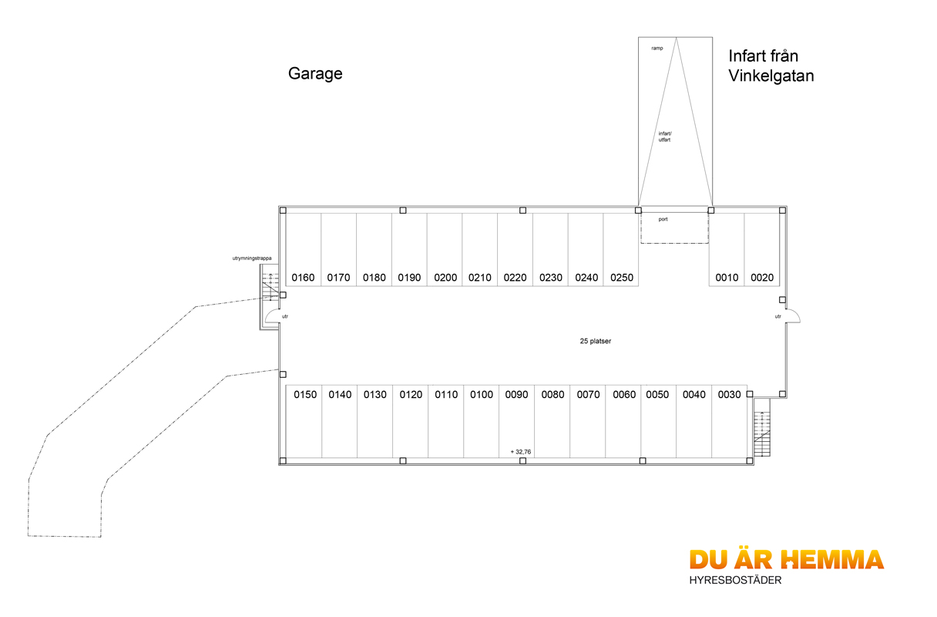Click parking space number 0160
303,278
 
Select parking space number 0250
621,278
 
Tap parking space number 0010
727,278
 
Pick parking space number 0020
761,278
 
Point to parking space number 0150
305,395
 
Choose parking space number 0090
516,395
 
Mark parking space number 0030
729,395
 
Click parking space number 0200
445,278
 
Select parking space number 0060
624,395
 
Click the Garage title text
315,74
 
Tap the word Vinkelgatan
771,76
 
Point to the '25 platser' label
595,341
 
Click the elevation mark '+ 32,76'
520,452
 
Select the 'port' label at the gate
663,220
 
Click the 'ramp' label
657,49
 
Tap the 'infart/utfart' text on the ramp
664,137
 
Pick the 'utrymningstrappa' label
251,258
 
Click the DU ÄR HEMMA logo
786,559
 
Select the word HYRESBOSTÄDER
735,580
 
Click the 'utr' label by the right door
777,316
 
